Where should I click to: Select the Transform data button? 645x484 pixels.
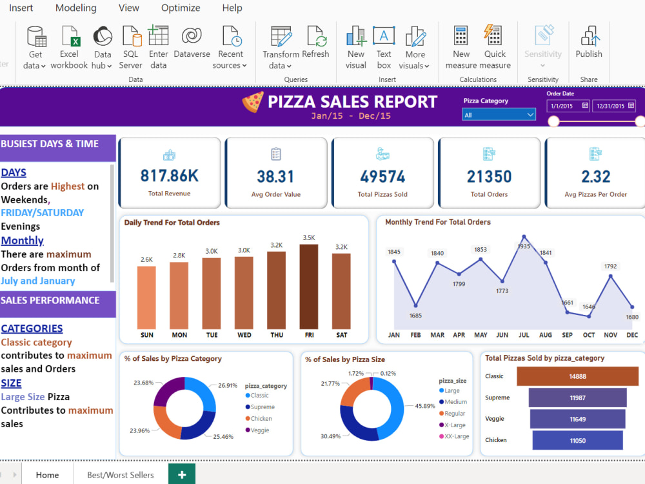pyautogui.click(x=281, y=47)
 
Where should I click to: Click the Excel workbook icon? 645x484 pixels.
pyautogui.click(x=69, y=47)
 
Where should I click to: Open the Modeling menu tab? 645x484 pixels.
pyautogui.click(x=76, y=8)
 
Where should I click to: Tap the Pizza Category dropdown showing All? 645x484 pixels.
pyautogui.click(x=499, y=115)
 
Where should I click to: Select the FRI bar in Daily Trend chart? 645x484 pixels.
pyautogui.click(x=309, y=287)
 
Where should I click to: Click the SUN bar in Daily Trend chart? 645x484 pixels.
pyautogui.click(x=146, y=297)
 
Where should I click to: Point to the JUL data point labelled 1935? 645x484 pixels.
pyautogui.click(x=524, y=237)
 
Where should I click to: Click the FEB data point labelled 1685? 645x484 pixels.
pyautogui.click(x=416, y=306)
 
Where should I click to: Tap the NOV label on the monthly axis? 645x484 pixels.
pyautogui.click(x=610, y=335)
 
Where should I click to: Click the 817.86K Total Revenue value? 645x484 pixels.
pyautogui.click(x=169, y=176)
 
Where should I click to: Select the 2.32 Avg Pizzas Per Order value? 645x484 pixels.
pyautogui.click(x=595, y=176)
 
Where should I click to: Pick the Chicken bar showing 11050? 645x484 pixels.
pyautogui.click(x=577, y=440)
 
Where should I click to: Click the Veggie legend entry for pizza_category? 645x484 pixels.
pyautogui.click(x=260, y=430)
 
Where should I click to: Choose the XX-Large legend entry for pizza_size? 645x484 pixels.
pyautogui.click(x=457, y=437)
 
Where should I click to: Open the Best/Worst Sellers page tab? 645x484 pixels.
pyautogui.click(x=121, y=475)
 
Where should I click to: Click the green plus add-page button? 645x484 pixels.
pyautogui.click(x=182, y=475)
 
